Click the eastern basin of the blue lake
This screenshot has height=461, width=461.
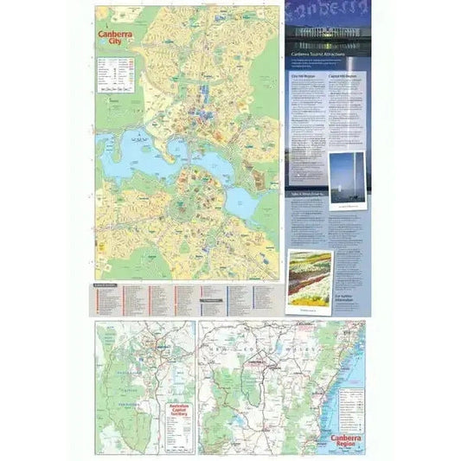point(245,203)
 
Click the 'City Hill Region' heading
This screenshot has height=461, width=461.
point(299,75)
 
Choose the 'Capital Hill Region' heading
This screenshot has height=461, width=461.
point(343,75)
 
